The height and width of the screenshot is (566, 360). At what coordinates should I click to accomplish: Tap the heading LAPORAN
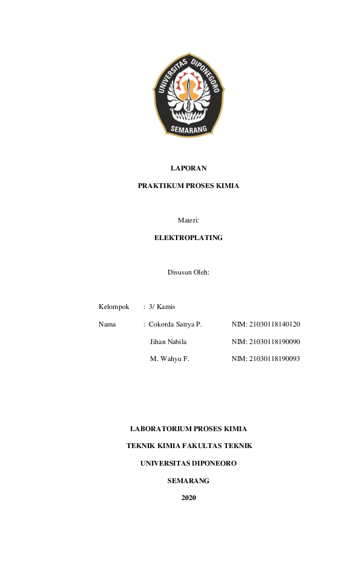point(188,168)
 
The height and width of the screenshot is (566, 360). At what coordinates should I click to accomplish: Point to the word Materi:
point(188,221)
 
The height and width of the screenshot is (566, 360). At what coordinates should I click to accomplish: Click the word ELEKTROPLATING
point(188,238)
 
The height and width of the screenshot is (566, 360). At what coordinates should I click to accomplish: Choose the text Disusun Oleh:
point(188,272)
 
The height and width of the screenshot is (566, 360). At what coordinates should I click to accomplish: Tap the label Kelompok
point(114,307)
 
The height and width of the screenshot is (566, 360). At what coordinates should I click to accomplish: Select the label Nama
point(107,325)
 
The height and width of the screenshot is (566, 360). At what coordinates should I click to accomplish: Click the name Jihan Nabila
point(168,342)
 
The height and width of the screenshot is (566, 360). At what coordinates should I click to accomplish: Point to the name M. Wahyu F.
point(169,359)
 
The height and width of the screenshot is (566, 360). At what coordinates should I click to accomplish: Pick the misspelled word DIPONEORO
point(214,463)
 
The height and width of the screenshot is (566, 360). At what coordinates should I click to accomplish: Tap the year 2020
point(189,498)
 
